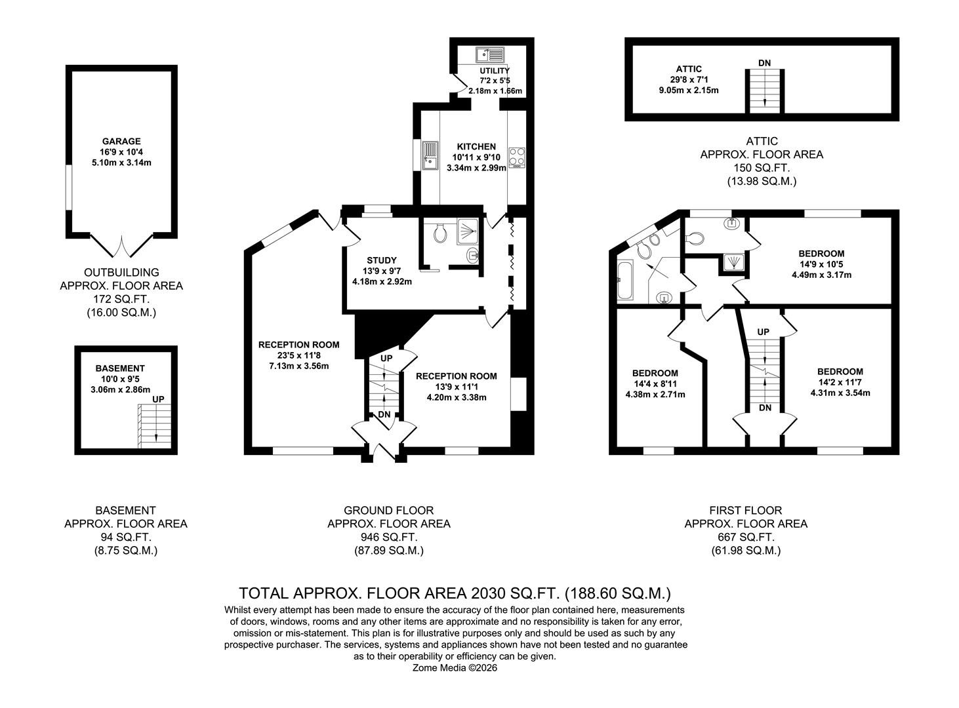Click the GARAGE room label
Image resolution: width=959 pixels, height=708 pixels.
tap(121, 141)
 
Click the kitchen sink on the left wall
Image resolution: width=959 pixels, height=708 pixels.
tap(430, 156)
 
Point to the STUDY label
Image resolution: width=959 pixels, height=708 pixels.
tap(382, 261)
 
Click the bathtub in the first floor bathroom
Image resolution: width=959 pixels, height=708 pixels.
tap(625, 281)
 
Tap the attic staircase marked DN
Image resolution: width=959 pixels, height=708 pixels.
tap(764, 90)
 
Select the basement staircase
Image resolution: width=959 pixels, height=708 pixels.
tap(154, 423)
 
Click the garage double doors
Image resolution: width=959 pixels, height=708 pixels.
tap(121, 246)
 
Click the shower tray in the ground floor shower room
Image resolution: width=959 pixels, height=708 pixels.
tap(468, 231)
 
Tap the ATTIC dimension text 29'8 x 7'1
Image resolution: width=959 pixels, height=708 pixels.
tap(689, 79)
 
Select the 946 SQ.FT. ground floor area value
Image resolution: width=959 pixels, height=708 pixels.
tap(388, 537)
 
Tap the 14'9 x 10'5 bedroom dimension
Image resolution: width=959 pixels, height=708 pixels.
tap(821, 264)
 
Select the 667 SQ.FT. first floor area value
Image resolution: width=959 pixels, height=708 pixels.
tap(746, 537)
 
